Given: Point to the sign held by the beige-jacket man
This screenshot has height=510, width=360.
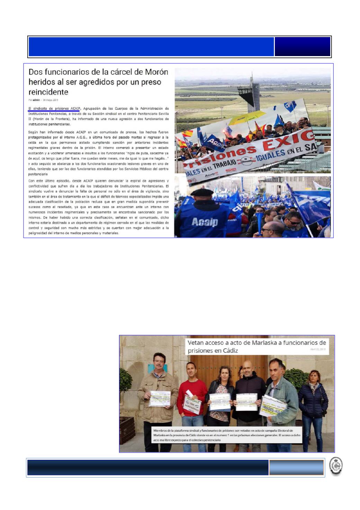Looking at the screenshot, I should click(160, 399).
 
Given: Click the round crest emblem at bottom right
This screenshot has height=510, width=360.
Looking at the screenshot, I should click(335, 466).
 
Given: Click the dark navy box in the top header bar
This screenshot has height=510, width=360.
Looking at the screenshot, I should click(302, 47).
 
